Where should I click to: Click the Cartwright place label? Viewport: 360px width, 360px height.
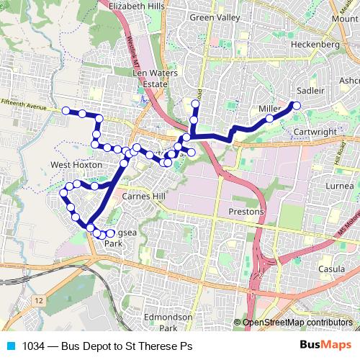[x=316, y=132]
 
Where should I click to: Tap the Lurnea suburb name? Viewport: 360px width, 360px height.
[x=340, y=186]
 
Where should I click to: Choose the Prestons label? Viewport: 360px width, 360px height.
[x=246, y=212]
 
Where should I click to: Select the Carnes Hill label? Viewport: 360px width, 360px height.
[x=143, y=195]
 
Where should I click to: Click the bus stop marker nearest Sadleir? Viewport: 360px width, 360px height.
[x=295, y=106]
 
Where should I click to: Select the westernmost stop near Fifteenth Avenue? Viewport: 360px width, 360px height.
[x=66, y=110]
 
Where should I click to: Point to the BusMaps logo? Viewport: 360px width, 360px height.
[x=327, y=346]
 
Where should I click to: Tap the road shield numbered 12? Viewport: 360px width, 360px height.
[x=38, y=300]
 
